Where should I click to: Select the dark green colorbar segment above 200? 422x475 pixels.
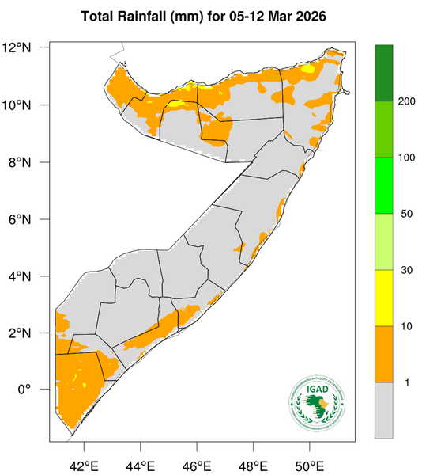click(383, 73)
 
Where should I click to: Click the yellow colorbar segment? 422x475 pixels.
click(383, 298)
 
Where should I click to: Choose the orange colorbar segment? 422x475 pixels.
click(383, 354)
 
